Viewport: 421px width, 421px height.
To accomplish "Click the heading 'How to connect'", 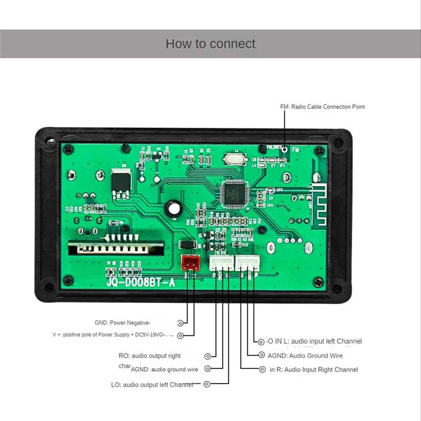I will tap(210, 44).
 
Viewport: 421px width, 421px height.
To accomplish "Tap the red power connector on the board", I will tap(190, 263).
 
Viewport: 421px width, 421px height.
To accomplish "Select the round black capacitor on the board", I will tap(173, 209).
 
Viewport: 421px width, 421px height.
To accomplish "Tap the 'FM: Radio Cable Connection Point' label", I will tap(322, 107).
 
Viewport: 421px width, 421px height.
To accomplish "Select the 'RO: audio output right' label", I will tap(149, 356).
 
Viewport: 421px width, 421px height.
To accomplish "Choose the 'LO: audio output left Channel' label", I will tap(152, 385).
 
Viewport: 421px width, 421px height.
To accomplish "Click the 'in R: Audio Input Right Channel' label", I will tap(314, 369).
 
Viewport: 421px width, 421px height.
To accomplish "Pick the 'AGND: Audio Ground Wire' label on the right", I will tap(305, 356).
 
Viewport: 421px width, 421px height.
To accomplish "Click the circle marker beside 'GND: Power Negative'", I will tap(181, 323).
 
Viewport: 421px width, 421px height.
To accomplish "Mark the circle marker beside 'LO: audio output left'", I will tap(206, 385).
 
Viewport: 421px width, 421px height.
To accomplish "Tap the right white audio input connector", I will tap(247, 263).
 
